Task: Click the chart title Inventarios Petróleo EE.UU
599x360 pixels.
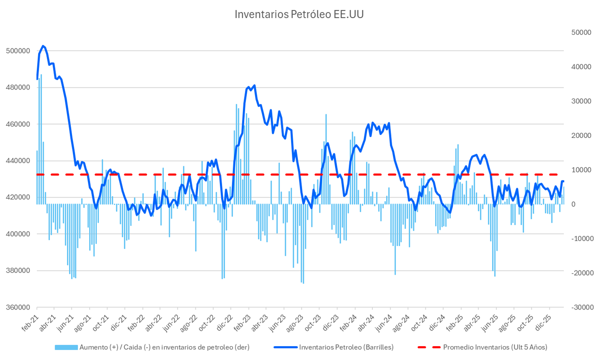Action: coord(299,14)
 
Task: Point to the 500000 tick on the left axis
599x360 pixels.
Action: coord(18,51)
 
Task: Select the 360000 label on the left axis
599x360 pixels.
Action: coord(18,307)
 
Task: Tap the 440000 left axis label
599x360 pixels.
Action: coord(18,161)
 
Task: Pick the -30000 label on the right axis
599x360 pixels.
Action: coord(582,307)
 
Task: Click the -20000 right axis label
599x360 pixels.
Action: coord(582,273)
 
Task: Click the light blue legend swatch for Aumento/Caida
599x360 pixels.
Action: coord(66,347)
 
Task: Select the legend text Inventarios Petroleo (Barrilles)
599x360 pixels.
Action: coord(346,347)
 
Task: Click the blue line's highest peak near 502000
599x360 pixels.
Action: coord(43,46)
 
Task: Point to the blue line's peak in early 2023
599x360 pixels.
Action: coord(254,85)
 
